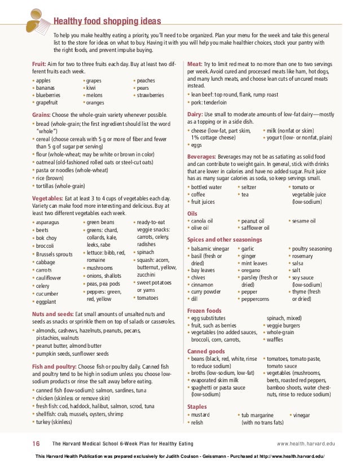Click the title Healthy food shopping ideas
[107, 21]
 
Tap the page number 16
[36, 444]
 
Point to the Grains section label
[42, 114]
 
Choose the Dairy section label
[195, 114]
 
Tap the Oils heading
[192, 213]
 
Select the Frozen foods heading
[204, 310]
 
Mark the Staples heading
[197, 406]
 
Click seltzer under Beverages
[249, 187]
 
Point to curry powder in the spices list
[205, 292]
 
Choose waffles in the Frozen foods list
[275, 340]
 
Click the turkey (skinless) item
[54, 422]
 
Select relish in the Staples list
[197, 422]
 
